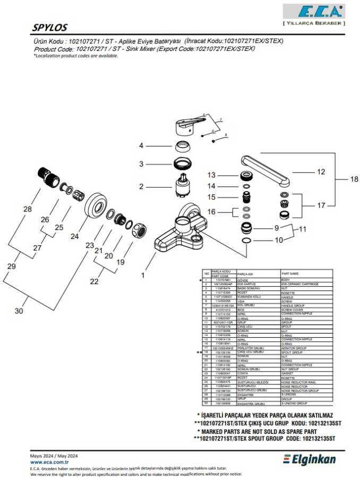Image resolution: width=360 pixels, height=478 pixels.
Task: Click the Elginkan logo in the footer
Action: coord(309,458)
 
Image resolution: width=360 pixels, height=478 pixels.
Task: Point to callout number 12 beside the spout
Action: coord(320,172)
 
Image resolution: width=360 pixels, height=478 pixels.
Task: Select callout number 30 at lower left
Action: coord(19,311)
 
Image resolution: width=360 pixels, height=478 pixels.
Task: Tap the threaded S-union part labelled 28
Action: coord(48,177)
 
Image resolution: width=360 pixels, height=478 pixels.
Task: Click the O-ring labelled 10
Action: coord(246,241)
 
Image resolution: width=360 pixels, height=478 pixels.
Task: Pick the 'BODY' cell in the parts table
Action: coord(286,279)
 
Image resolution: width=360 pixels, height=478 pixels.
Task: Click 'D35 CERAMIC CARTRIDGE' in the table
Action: coord(300,284)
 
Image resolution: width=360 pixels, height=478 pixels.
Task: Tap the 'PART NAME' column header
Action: coord(290,272)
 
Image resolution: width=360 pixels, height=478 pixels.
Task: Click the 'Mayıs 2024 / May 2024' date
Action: coord(54,456)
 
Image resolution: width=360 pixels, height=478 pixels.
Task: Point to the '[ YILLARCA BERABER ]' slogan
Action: coord(314,23)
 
